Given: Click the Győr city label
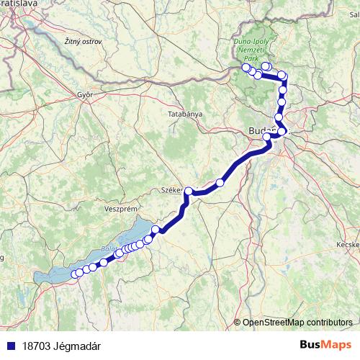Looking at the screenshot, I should tap(85, 94).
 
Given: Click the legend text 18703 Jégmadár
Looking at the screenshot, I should tap(60, 346).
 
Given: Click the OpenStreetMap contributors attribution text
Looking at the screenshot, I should tap(297, 323).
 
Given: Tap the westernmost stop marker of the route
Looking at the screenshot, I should tap(75, 274).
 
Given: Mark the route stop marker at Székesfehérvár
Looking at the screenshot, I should tap(189, 192).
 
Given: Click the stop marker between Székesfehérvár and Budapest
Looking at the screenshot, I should tap(220, 183).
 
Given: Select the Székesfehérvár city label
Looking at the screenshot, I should tap(173, 191).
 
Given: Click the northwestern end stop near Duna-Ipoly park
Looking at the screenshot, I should tap(246, 68).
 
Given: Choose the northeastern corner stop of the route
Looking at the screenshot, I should tap(282, 76).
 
